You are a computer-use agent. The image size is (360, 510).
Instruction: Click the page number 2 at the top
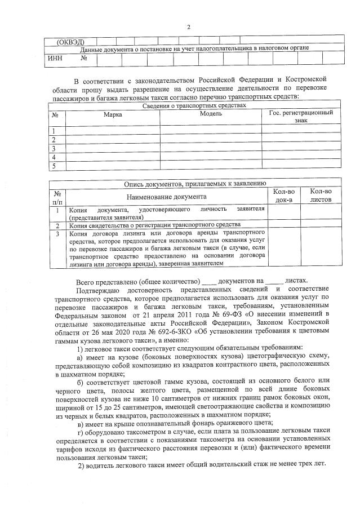pos(189,26)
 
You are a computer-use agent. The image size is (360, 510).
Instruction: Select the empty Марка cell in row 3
pos(112,149)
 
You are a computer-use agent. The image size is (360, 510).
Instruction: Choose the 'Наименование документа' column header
pos(166,196)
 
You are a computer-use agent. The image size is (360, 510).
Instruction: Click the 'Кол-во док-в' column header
pos(283,196)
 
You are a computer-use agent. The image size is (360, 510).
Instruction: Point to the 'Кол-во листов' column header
pos(321,196)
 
